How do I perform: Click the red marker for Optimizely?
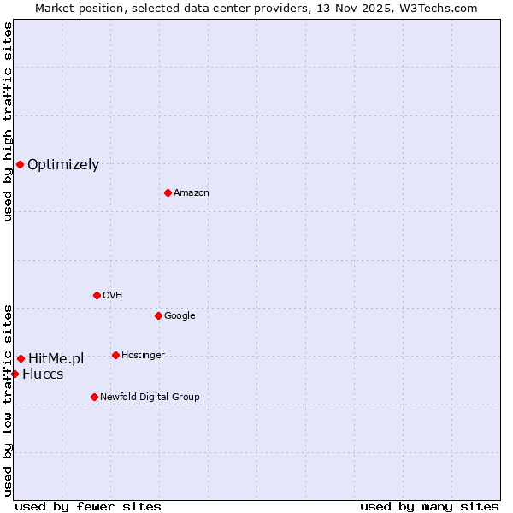[x=20, y=164]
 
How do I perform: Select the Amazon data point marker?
[x=168, y=192]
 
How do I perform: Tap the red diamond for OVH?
[x=97, y=295]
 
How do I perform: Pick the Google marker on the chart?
[x=158, y=315]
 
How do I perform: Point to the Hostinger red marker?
[x=115, y=355]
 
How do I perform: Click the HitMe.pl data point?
[x=21, y=358]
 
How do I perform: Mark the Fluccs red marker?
[x=15, y=374]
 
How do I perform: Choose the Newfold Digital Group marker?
[x=94, y=397]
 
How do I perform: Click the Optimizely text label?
[x=63, y=165]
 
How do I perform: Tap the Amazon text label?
[x=192, y=192]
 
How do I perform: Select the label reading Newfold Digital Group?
[x=150, y=397]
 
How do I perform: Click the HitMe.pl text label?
[x=56, y=358]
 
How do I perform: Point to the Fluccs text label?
[x=43, y=374]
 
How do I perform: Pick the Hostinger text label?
[x=143, y=355]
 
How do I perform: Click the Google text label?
[x=180, y=315]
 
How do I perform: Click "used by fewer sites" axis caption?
[x=88, y=506]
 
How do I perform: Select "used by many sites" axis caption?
[x=429, y=506]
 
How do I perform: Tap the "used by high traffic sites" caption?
[x=8, y=121]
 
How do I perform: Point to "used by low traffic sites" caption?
[x=8, y=399]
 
